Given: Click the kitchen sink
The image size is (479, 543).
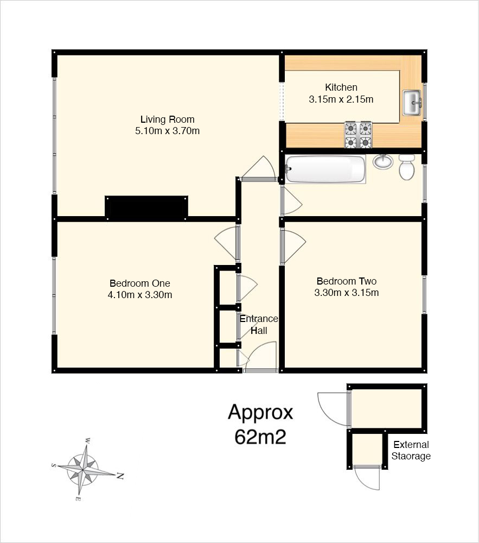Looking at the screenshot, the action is [412, 103].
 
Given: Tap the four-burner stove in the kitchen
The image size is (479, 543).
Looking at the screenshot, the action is [358, 135].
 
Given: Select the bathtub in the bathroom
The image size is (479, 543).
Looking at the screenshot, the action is [325, 169].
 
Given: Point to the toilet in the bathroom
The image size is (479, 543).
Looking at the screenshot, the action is [407, 167].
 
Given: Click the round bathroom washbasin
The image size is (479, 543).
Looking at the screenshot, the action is [383, 162].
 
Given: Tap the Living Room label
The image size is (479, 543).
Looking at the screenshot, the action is [168, 119].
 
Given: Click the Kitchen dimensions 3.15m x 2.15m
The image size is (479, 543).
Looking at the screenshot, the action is [341, 99].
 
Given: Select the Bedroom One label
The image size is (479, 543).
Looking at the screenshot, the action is [140, 283].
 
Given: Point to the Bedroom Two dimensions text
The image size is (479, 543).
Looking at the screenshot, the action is [347, 293].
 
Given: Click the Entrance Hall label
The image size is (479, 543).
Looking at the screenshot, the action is [259, 325].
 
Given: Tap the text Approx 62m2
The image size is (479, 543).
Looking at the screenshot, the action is [260, 424].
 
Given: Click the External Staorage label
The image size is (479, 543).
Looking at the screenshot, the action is [411, 450].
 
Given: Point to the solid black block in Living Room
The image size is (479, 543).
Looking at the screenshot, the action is [146, 208].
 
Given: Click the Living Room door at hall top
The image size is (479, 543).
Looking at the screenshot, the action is [259, 169].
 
